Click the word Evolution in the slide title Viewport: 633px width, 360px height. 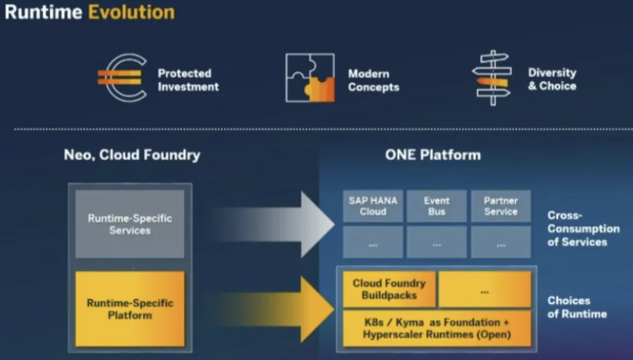pyautogui.click(x=131, y=12)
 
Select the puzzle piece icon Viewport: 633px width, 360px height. pyautogui.click(x=309, y=78)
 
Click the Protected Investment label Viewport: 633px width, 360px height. pyautogui.click(x=188, y=80)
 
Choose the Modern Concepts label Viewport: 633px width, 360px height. pyautogui.click(x=374, y=80)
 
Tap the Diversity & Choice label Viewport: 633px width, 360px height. pyautogui.click(x=552, y=79)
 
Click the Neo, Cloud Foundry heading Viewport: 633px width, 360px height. pyautogui.click(x=132, y=155)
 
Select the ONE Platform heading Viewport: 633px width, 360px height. pyautogui.click(x=433, y=155)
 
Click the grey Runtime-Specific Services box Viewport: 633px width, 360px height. pyautogui.click(x=130, y=224)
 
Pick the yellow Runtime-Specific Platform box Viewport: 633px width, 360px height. pyautogui.click(x=130, y=309)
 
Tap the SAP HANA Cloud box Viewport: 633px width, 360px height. pyautogui.click(x=373, y=206)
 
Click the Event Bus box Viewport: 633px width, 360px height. pyautogui.click(x=437, y=206)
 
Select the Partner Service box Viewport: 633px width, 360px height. pyautogui.click(x=501, y=206)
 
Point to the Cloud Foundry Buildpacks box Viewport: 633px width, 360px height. pyautogui.click(x=389, y=289)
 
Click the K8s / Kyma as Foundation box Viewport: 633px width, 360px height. pyautogui.click(x=437, y=328)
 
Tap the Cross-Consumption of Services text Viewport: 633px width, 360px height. pyautogui.click(x=583, y=229)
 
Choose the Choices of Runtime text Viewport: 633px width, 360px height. pyautogui.click(x=577, y=307)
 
